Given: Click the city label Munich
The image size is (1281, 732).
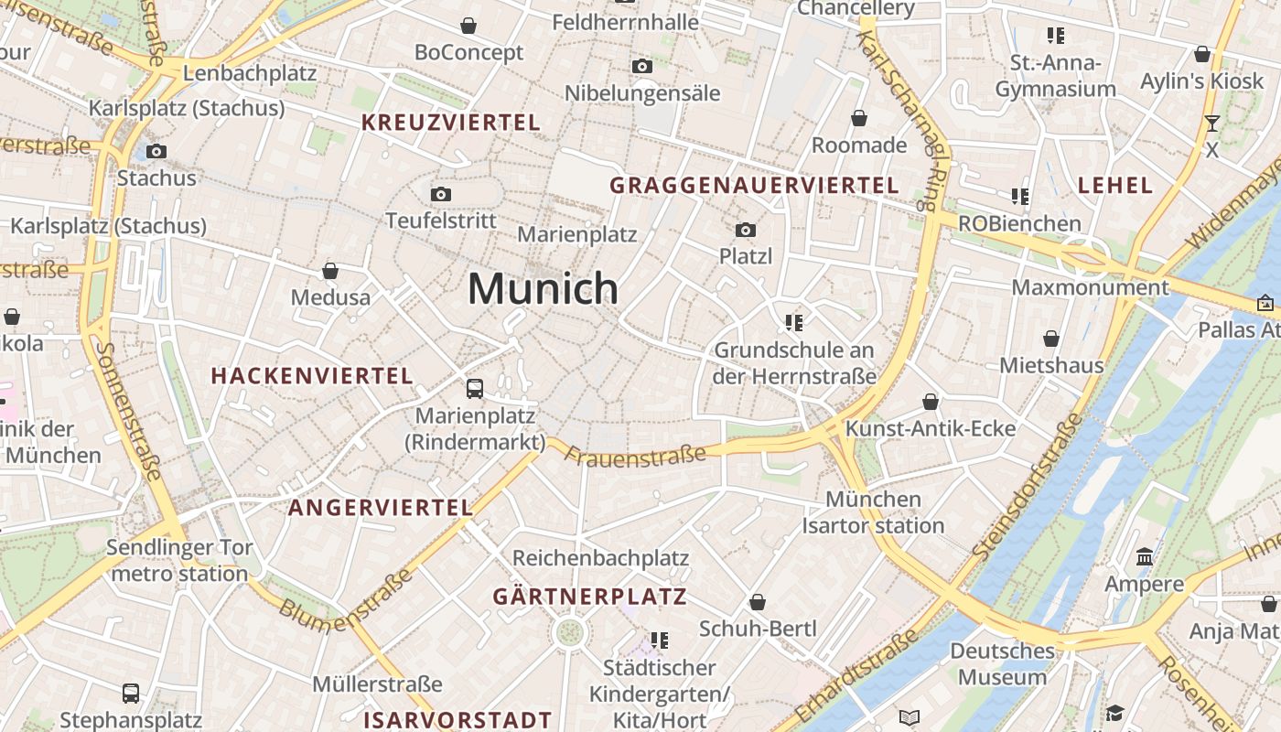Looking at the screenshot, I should pyautogui.click(x=543, y=288).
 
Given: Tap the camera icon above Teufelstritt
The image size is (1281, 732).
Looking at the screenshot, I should pyautogui.click(x=441, y=194).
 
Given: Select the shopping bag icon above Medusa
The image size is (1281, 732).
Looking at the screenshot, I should pyautogui.click(x=330, y=271).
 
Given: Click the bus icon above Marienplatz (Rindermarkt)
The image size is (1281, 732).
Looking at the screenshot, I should pyautogui.click(x=475, y=388).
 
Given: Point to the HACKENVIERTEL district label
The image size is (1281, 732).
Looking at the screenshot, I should pyautogui.click(x=312, y=376).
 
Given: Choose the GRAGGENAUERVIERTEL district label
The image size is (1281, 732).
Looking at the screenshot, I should pyautogui.click(x=755, y=186).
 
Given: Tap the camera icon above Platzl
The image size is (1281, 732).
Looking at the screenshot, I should pyautogui.click(x=746, y=230).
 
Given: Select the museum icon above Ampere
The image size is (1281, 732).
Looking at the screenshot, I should pyautogui.click(x=1144, y=557).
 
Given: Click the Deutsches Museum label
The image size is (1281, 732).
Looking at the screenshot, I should pyautogui.click(x=1002, y=664).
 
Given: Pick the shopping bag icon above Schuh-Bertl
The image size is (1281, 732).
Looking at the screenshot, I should pyautogui.click(x=758, y=602).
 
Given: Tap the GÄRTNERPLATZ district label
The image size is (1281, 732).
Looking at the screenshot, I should pyautogui.click(x=589, y=597).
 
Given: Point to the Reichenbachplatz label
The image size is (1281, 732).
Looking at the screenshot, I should pyautogui.click(x=600, y=557).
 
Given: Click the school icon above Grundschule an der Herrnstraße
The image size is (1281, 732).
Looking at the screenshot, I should pyautogui.click(x=793, y=322).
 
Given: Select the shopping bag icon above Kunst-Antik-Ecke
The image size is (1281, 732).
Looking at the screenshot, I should pyautogui.click(x=931, y=402).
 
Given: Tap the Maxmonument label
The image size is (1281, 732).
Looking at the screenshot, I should pyautogui.click(x=1090, y=287).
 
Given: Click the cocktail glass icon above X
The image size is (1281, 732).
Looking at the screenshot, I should pyautogui.click(x=1212, y=123).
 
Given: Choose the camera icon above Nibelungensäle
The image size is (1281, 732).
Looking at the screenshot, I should pyautogui.click(x=642, y=66).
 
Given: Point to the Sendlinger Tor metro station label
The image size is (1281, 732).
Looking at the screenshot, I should pyautogui.click(x=179, y=561).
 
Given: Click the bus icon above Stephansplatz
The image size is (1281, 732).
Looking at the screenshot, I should pyautogui.click(x=131, y=693).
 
